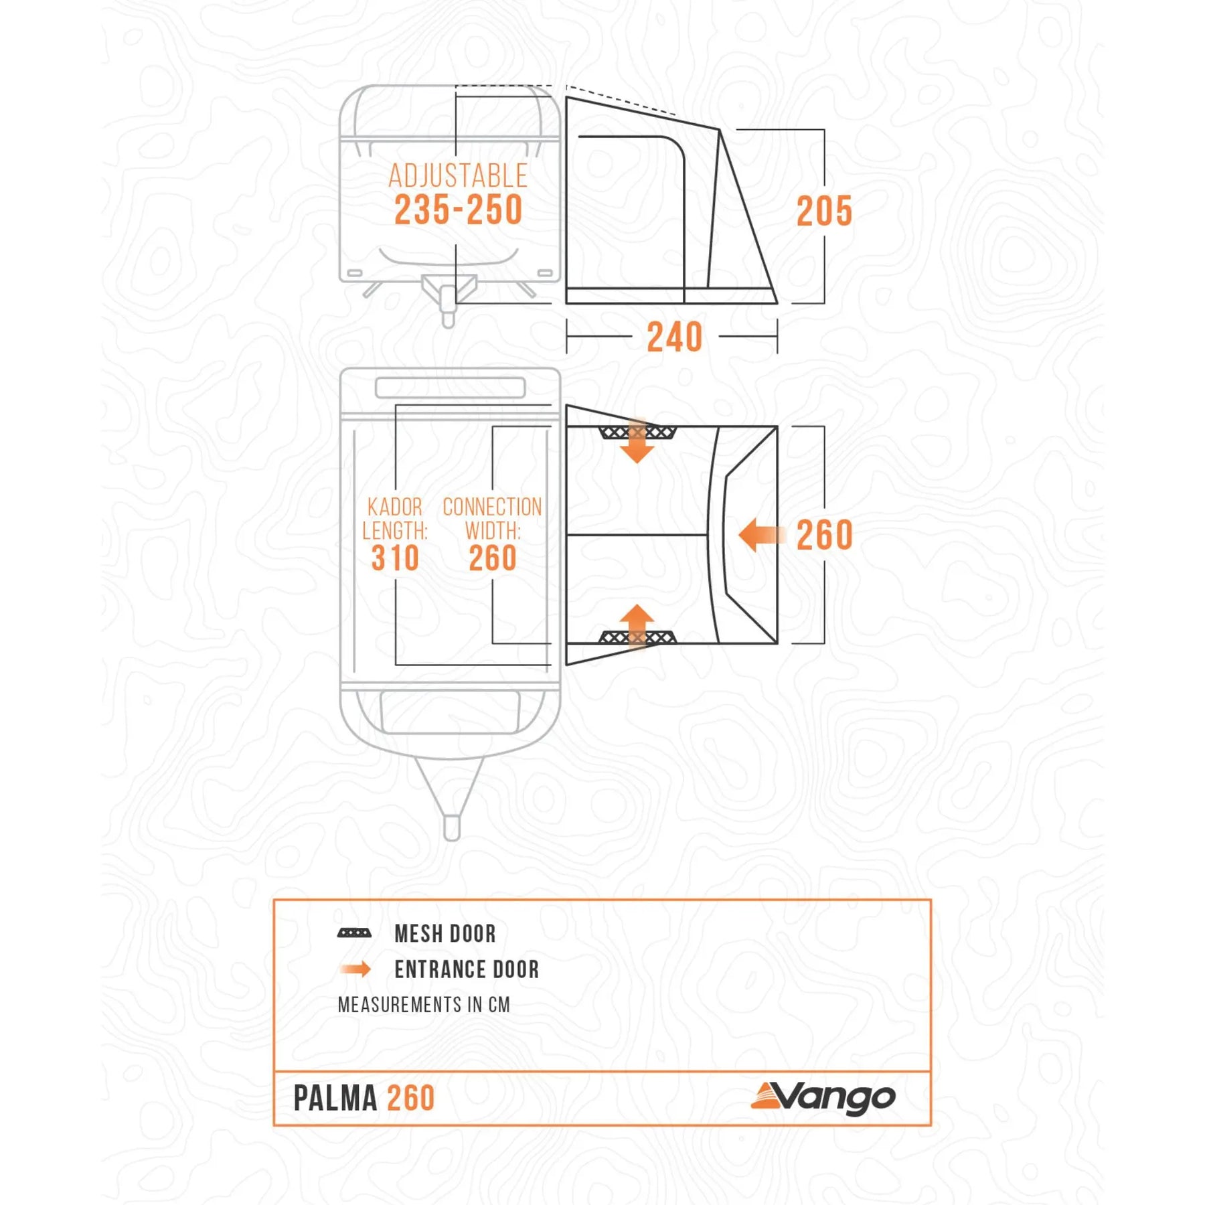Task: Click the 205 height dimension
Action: [824, 212]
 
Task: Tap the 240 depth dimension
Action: [674, 337]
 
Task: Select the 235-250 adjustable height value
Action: [458, 210]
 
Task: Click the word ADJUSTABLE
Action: [458, 176]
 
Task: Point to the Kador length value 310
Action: [395, 558]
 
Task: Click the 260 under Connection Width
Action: [493, 558]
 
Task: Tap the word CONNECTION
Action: [492, 507]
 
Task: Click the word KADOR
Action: [395, 507]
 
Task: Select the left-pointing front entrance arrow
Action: [761, 535]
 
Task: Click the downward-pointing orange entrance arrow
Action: [637, 442]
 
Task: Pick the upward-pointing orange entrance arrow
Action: [637, 627]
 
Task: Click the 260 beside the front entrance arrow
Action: [824, 535]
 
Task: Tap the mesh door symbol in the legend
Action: [354, 933]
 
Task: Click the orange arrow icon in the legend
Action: [355, 969]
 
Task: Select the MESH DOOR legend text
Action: [445, 934]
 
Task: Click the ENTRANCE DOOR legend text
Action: [467, 969]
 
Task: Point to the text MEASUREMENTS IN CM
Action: [424, 1005]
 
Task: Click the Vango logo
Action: [823, 1098]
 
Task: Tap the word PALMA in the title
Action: [335, 1099]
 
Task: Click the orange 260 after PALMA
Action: [411, 1099]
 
